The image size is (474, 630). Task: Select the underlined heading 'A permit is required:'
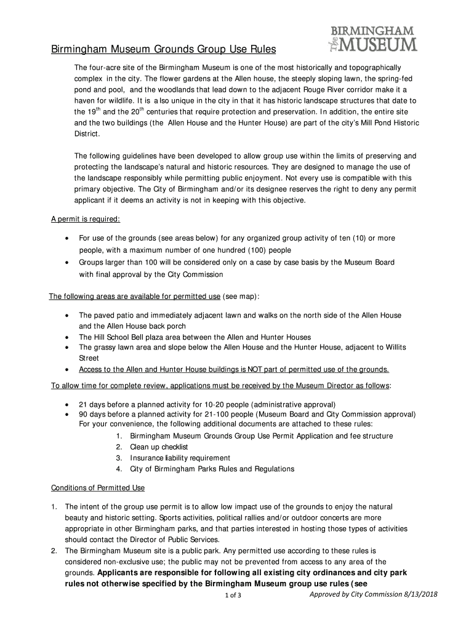[x=85, y=220]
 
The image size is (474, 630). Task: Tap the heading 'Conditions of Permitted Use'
[x=97, y=488]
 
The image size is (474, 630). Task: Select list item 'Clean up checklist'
[x=159, y=447]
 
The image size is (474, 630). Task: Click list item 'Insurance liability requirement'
[x=180, y=458]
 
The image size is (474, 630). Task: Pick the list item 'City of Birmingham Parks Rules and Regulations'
[x=212, y=469]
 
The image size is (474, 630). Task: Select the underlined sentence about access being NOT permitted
[x=233, y=369]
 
